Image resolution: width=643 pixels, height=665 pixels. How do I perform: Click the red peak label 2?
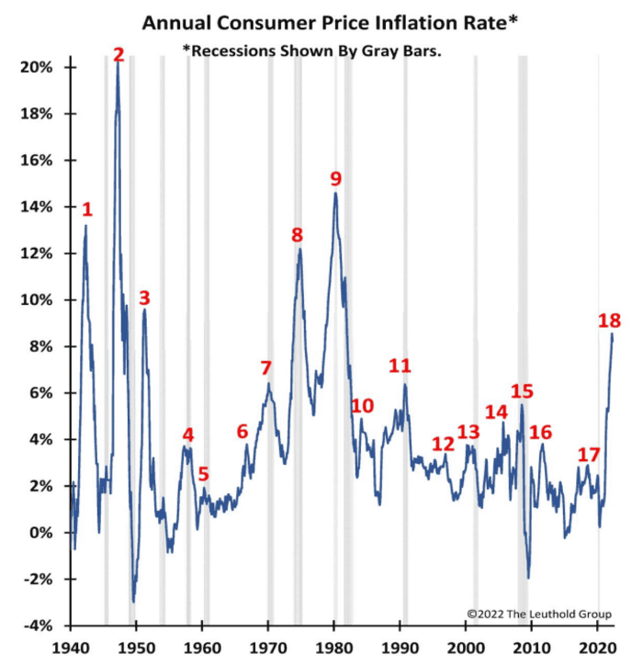coord(118,55)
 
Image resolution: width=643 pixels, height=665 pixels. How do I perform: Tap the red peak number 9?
coord(335,178)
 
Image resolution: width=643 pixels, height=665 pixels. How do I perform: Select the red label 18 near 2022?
coord(609,321)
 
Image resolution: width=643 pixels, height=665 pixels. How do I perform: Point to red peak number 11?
coord(400,366)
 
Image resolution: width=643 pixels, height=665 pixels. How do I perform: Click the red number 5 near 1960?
coord(203,475)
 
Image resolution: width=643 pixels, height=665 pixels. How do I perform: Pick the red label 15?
coord(522,390)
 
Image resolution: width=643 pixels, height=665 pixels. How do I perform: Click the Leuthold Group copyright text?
coord(538,614)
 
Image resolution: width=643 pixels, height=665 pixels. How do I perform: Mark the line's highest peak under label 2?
coord(118,64)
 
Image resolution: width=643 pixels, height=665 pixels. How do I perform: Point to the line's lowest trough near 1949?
coord(133,602)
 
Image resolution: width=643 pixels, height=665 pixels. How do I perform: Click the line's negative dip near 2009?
coord(528,578)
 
